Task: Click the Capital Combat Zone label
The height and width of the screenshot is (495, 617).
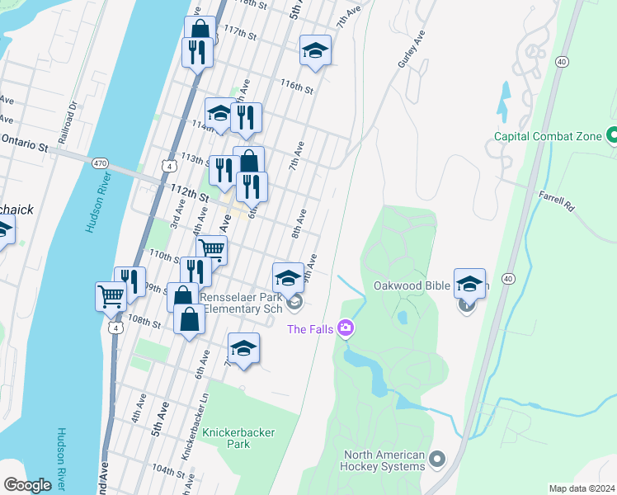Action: pyautogui.click(x=548, y=136)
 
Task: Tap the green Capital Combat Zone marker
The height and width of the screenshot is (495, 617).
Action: pyautogui.click(x=613, y=134)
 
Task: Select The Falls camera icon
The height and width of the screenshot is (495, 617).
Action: pyautogui.click(x=346, y=329)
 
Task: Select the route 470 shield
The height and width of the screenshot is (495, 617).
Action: pyautogui.click(x=100, y=164)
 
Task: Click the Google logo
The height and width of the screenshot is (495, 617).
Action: pyautogui.click(x=27, y=484)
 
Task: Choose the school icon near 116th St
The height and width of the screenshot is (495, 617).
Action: pyautogui.click(x=314, y=50)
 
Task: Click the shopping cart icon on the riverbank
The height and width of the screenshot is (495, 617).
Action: pyautogui.click(x=111, y=295)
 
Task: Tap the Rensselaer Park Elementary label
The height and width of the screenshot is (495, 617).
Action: pyautogui.click(x=243, y=303)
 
